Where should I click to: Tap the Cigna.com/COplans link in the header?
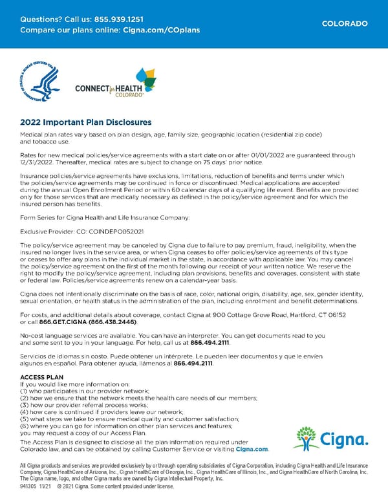(161, 30)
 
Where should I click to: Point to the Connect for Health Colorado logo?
(116, 83)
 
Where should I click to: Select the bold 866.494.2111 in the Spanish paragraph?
(193, 364)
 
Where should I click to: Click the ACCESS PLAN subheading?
(42, 377)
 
